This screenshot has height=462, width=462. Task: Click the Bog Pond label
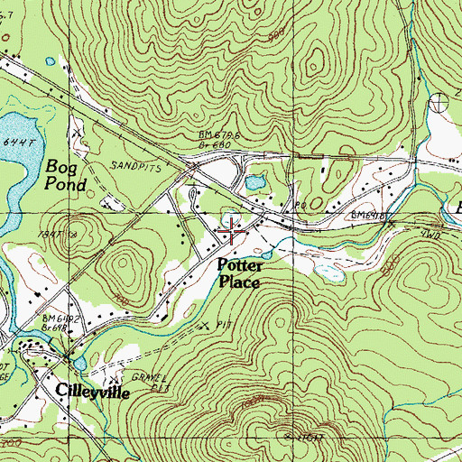[x=66, y=176]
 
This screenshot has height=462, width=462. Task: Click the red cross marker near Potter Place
[x=231, y=232]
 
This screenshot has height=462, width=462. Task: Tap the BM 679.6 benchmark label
[x=218, y=134]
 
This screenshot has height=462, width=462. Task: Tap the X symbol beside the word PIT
[x=203, y=323]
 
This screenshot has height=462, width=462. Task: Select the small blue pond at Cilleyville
[x=79, y=363]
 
